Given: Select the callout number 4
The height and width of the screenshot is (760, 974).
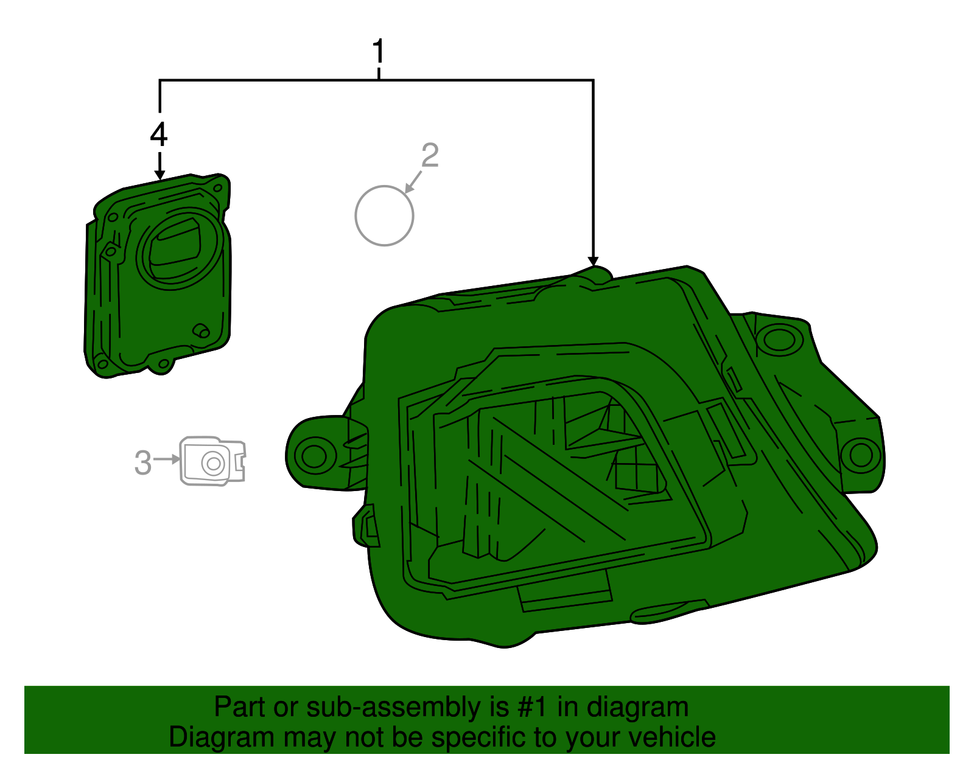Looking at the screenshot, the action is [x=159, y=134].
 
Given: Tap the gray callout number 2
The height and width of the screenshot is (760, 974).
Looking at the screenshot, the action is [x=430, y=155].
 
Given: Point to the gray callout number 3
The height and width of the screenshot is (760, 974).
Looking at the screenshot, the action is [x=143, y=462].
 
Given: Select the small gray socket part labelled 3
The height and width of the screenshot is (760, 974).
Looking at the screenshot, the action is [x=212, y=461].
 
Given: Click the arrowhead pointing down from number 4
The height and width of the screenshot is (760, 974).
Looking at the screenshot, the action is [x=159, y=175].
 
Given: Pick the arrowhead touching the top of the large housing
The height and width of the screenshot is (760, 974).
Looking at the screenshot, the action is [x=593, y=262].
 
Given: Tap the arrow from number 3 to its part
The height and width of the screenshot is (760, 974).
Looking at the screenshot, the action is [x=166, y=459].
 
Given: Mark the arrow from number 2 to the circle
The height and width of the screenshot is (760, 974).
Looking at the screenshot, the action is [x=413, y=182].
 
